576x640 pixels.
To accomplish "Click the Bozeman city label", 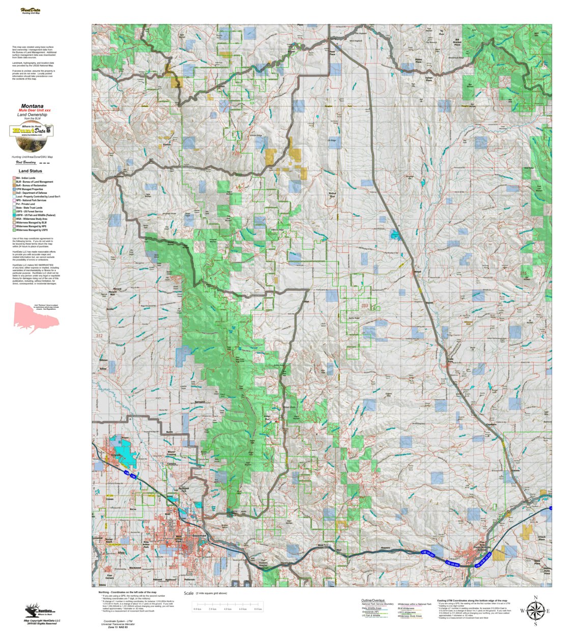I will [x=199, y=536].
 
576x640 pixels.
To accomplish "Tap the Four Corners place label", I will [x=109, y=577].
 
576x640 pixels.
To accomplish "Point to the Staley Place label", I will [x=418, y=61].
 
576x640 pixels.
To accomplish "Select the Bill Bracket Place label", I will [x=457, y=42].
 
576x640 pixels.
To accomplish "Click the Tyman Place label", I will [x=429, y=79].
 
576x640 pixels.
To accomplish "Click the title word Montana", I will [x=32, y=106].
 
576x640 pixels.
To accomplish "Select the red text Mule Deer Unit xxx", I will [x=35, y=110].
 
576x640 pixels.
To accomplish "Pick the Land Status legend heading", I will [x=31, y=171].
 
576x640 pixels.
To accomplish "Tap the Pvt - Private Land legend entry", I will [x=25, y=204].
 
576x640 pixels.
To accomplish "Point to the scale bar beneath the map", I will [x=227, y=605].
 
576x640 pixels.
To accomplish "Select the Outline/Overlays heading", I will [x=373, y=600].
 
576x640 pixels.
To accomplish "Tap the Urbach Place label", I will [x=541, y=538].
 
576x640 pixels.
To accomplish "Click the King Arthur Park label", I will [x=146, y=544].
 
